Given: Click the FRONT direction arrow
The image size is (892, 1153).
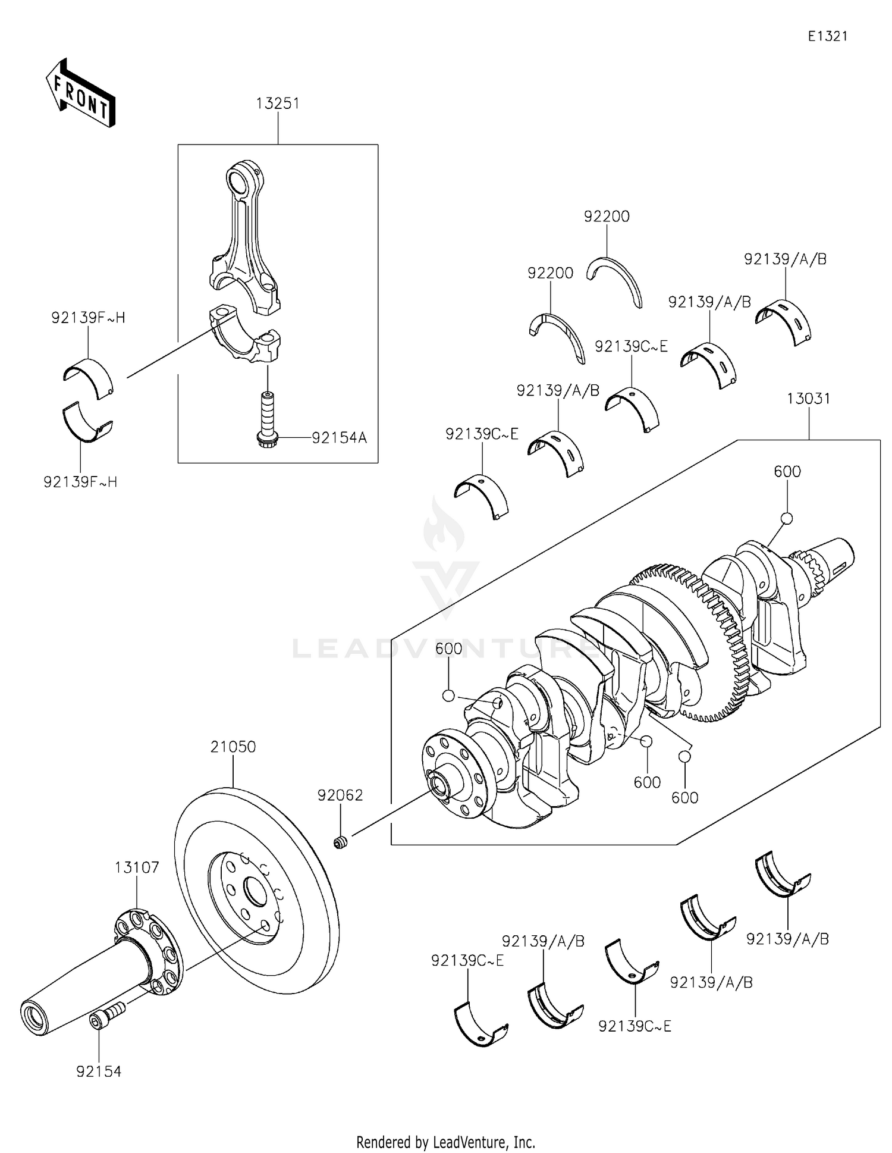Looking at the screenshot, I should tap(80, 94).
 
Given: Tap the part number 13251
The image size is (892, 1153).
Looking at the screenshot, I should tap(278, 104).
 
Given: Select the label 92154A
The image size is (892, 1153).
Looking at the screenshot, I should tap(340, 438).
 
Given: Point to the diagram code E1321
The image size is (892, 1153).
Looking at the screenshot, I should tap(827, 36).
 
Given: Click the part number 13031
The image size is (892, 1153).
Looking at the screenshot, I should tap(808, 399).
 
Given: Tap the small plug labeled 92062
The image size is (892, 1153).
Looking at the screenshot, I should tap(340, 842).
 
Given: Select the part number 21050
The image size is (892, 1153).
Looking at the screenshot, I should tap(233, 747).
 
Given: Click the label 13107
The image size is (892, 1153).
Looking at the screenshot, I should tap(137, 867).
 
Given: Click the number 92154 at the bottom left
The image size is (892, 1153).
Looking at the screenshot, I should tap(99, 1071).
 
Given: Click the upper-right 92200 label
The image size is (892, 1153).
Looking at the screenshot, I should tap(607, 217).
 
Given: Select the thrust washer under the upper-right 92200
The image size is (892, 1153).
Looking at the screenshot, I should tap(615, 280).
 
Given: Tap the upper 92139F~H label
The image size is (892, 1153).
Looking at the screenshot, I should tap(88, 318).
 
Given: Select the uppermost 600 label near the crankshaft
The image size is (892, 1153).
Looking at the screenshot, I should tap(787, 472).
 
